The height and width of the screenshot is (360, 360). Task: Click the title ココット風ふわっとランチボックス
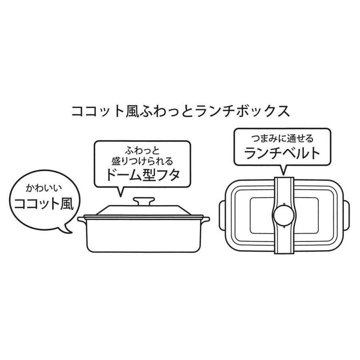point(180,111)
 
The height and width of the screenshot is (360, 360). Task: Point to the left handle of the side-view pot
point(82,219)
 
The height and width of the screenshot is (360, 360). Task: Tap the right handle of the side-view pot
point(205,219)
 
